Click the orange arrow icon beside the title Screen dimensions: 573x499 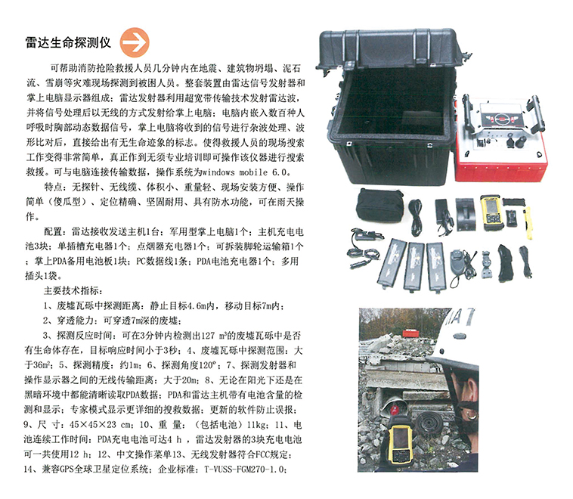point(135,42)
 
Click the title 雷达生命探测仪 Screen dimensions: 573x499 point(68,42)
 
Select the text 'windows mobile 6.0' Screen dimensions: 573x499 point(246,172)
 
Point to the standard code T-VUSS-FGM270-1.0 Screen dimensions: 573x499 point(245,469)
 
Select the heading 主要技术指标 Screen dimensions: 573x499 point(71,290)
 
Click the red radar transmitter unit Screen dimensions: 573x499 point(501,139)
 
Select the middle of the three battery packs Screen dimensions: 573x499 point(414,266)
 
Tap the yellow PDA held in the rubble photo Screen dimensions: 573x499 point(401,442)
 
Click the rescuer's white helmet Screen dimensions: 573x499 point(456,340)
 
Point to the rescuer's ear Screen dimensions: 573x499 point(471,389)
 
